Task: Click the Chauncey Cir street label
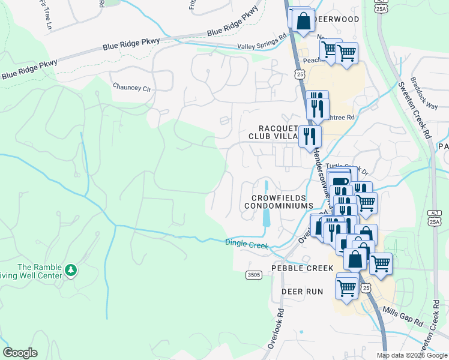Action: tap(131, 87)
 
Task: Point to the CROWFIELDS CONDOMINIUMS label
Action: tap(279, 202)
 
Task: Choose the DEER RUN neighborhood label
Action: tap(303, 292)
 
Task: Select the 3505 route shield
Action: tap(254, 275)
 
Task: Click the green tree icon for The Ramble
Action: tap(71, 271)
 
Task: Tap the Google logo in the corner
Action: tap(20, 353)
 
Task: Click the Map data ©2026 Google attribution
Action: tap(412, 355)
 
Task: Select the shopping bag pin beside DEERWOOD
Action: tap(304, 20)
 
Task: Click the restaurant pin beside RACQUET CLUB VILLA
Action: tap(310, 136)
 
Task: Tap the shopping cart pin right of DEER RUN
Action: tap(347, 287)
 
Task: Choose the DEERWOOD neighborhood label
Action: tap(337, 19)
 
